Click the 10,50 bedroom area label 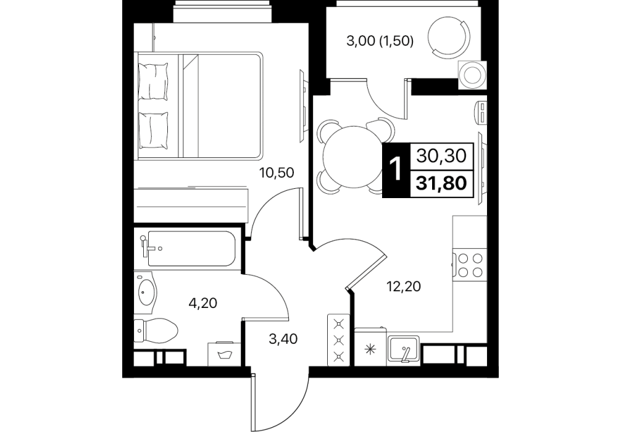tap(277, 173)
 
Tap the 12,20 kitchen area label tap(403, 286)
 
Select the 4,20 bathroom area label tap(204, 303)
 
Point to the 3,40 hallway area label tap(283, 339)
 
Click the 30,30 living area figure tap(441, 156)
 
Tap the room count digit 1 tap(396, 170)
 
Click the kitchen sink tap(404, 349)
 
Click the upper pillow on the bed tap(153, 83)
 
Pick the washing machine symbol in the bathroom tap(224, 354)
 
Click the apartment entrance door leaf tap(252, 402)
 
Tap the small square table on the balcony tap(472, 75)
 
